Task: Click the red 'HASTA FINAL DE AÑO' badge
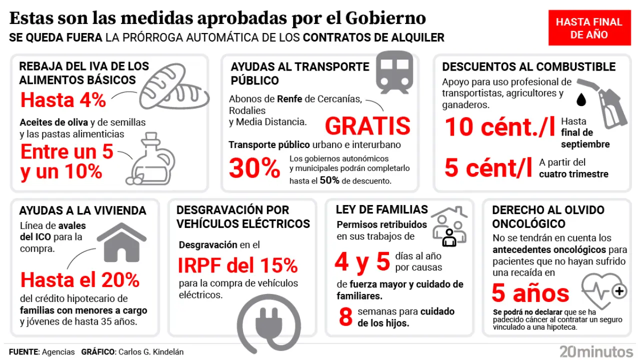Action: pos(588,28)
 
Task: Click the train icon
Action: pos(394,71)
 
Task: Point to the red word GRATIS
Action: pos(367,126)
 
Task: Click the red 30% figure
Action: pos(254,168)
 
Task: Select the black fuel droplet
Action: pos(580,100)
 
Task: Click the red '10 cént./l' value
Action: pos(499,127)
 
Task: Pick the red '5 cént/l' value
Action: pos(488,168)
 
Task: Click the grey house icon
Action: pos(120,243)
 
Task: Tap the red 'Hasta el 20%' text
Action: pos(80,280)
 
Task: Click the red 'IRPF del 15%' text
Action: pos(238,265)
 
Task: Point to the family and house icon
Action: pos(448,227)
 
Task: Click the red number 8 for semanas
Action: pos(345,317)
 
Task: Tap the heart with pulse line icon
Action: pos(604,290)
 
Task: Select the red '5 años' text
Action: pos(530,293)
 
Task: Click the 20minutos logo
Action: pos(596,351)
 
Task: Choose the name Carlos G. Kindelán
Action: pos(150,352)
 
